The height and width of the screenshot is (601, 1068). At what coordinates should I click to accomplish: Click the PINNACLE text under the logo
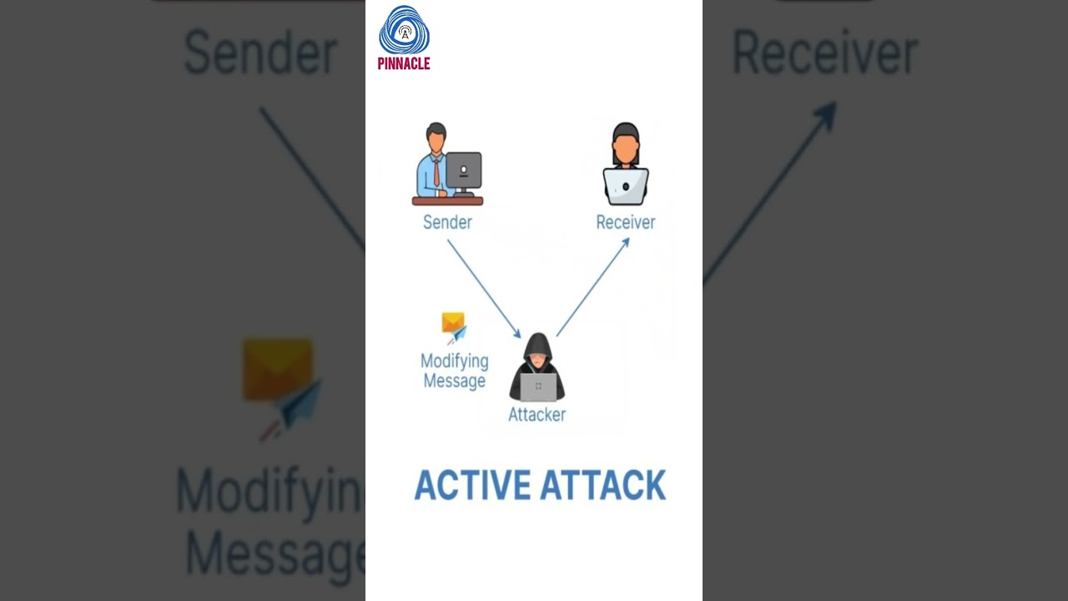(404, 64)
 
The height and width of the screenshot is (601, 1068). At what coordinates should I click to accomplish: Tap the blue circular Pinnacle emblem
(404, 32)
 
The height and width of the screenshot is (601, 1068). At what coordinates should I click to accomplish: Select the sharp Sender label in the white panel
(447, 222)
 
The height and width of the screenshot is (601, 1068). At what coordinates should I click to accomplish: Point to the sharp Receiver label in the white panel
(625, 222)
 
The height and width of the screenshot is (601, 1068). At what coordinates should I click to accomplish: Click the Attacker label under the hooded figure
(537, 414)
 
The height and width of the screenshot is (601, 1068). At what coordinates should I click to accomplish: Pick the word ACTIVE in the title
(472, 486)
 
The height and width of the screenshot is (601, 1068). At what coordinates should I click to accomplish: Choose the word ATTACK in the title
(602, 486)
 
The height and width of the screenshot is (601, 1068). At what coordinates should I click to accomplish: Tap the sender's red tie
(436, 173)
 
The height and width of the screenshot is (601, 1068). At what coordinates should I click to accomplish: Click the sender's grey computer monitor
(464, 169)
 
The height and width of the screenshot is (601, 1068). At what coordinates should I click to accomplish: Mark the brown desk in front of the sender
(447, 200)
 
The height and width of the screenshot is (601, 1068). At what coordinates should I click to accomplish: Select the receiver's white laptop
(626, 186)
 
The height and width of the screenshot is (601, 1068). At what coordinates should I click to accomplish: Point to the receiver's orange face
(626, 149)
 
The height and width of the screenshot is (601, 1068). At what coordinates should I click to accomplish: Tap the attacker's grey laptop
(538, 386)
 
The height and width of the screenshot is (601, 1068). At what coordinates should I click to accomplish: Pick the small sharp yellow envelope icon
(453, 323)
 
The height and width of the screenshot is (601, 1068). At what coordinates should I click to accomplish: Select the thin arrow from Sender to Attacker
(484, 289)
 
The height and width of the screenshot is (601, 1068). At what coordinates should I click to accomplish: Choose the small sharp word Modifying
(454, 361)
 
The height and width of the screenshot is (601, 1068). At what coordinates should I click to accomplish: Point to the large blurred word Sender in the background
(260, 53)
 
